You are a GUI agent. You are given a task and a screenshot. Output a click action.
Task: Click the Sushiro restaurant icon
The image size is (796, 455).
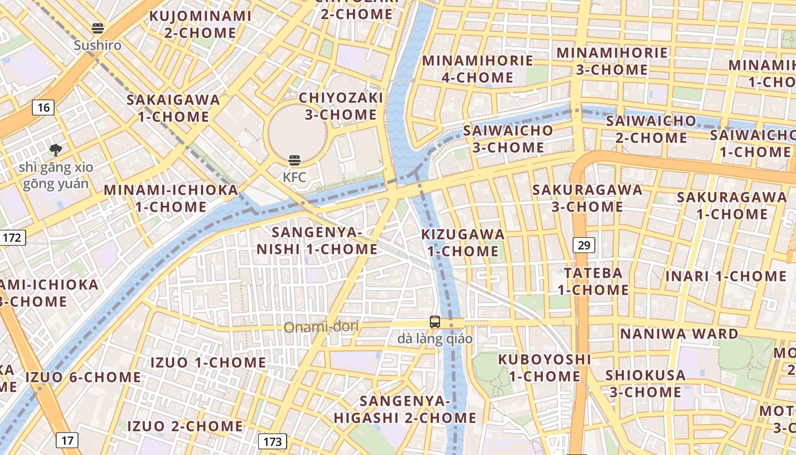(98, 28)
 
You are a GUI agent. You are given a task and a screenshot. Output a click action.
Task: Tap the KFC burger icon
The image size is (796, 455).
(294, 160)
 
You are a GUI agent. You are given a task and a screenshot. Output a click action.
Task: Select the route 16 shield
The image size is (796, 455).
(44, 107)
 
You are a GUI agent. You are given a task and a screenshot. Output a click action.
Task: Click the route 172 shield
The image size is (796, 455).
(13, 237)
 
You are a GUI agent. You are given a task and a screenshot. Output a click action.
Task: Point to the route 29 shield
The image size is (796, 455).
(584, 245)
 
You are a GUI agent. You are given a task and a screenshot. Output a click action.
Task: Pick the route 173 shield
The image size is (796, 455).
(272, 441)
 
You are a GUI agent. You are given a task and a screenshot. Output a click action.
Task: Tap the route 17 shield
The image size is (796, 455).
(67, 440)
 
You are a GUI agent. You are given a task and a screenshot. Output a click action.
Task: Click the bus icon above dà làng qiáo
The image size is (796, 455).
(435, 322)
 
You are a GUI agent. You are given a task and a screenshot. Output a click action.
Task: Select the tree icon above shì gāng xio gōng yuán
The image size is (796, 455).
(56, 150)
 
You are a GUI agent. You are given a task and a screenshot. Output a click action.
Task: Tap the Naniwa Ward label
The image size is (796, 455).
(679, 333)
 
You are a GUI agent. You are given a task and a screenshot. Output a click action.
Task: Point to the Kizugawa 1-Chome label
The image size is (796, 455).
(463, 243)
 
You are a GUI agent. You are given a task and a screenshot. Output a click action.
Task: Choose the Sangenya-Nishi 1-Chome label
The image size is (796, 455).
(317, 241)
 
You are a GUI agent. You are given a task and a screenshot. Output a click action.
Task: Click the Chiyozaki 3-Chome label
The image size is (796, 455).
(341, 106)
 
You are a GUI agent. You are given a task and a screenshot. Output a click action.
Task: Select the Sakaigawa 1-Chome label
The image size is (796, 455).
(173, 108)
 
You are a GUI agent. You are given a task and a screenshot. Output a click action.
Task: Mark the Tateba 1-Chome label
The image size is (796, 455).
(593, 281)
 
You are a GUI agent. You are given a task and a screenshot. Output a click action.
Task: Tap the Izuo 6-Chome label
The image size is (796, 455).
(83, 377)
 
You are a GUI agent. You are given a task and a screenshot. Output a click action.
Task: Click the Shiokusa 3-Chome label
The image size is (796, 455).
(645, 383)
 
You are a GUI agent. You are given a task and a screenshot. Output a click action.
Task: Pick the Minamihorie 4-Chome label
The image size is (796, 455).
(478, 69)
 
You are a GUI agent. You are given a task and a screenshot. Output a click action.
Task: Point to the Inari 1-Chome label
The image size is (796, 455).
(726, 276)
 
